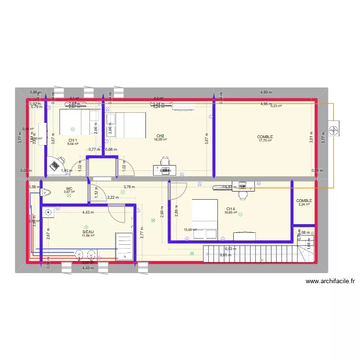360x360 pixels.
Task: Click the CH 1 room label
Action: pos(72,140)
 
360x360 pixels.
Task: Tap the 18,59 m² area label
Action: pos(160,140)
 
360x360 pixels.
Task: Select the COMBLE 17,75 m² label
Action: pos(265,137)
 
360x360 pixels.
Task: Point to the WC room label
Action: pos(69,189)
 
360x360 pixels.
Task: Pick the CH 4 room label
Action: pos(230,209)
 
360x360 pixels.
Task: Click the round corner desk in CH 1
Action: pos(60,163)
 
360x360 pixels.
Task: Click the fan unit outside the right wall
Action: pos(334,129)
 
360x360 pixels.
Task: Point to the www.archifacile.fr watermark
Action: pos(330,282)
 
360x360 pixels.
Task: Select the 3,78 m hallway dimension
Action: pos(129,187)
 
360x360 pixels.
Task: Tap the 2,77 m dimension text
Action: pos(143,233)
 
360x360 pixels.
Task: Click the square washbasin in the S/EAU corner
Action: pos(48,212)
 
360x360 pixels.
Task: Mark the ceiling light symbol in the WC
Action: pos(69,196)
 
